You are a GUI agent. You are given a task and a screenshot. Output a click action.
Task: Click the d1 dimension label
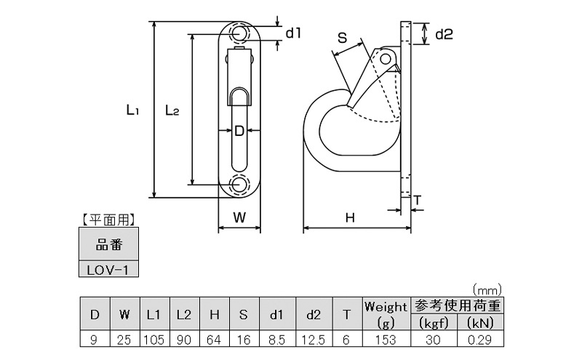click(293, 32)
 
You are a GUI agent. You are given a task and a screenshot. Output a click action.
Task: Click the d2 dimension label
click(444, 33)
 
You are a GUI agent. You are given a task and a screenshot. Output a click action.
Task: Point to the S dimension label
click(341, 39)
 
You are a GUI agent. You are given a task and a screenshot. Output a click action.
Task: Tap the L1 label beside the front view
click(132, 111)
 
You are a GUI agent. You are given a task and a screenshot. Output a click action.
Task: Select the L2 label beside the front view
click(172, 111)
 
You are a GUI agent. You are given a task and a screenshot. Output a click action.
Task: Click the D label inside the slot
click(239, 131)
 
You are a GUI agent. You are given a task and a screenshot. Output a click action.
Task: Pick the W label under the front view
click(239, 217)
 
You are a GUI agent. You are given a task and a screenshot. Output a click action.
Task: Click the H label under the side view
click(350, 217)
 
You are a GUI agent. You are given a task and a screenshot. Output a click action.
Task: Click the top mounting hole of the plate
click(239, 33)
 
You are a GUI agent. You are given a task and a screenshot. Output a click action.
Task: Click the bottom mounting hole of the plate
click(239, 184)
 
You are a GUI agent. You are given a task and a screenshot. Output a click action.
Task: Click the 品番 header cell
click(108, 244)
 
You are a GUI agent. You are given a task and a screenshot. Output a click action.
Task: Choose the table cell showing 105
click(154, 339)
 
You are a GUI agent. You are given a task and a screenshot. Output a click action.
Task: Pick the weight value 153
click(385, 339)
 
